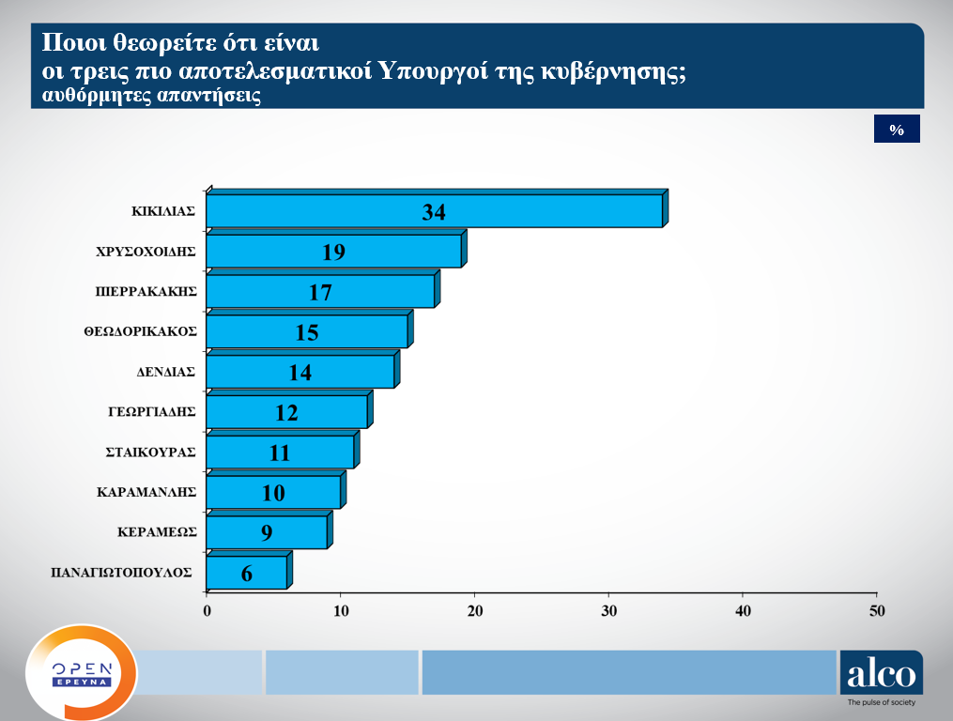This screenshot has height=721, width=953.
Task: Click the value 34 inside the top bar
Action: [433, 212]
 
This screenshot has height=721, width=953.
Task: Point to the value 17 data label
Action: [320, 292]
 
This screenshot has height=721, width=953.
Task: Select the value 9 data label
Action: [267, 533]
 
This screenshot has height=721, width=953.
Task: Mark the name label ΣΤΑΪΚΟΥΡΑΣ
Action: [150, 452]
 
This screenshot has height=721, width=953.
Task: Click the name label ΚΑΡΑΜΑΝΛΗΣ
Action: [146, 491]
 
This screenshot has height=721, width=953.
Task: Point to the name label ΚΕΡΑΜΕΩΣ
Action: [157, 531]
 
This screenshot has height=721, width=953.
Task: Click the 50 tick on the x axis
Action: [877, 611]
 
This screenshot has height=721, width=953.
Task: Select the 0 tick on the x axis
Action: [207, 611]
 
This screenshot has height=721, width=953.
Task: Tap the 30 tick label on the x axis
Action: [608, 611]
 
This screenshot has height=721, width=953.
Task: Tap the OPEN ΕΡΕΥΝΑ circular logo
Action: [81, 672]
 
